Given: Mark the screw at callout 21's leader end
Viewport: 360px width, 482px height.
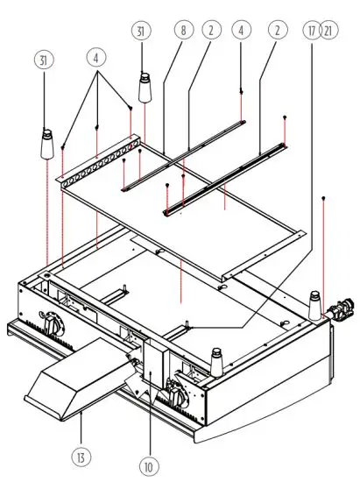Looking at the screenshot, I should (x=325, y=199).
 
